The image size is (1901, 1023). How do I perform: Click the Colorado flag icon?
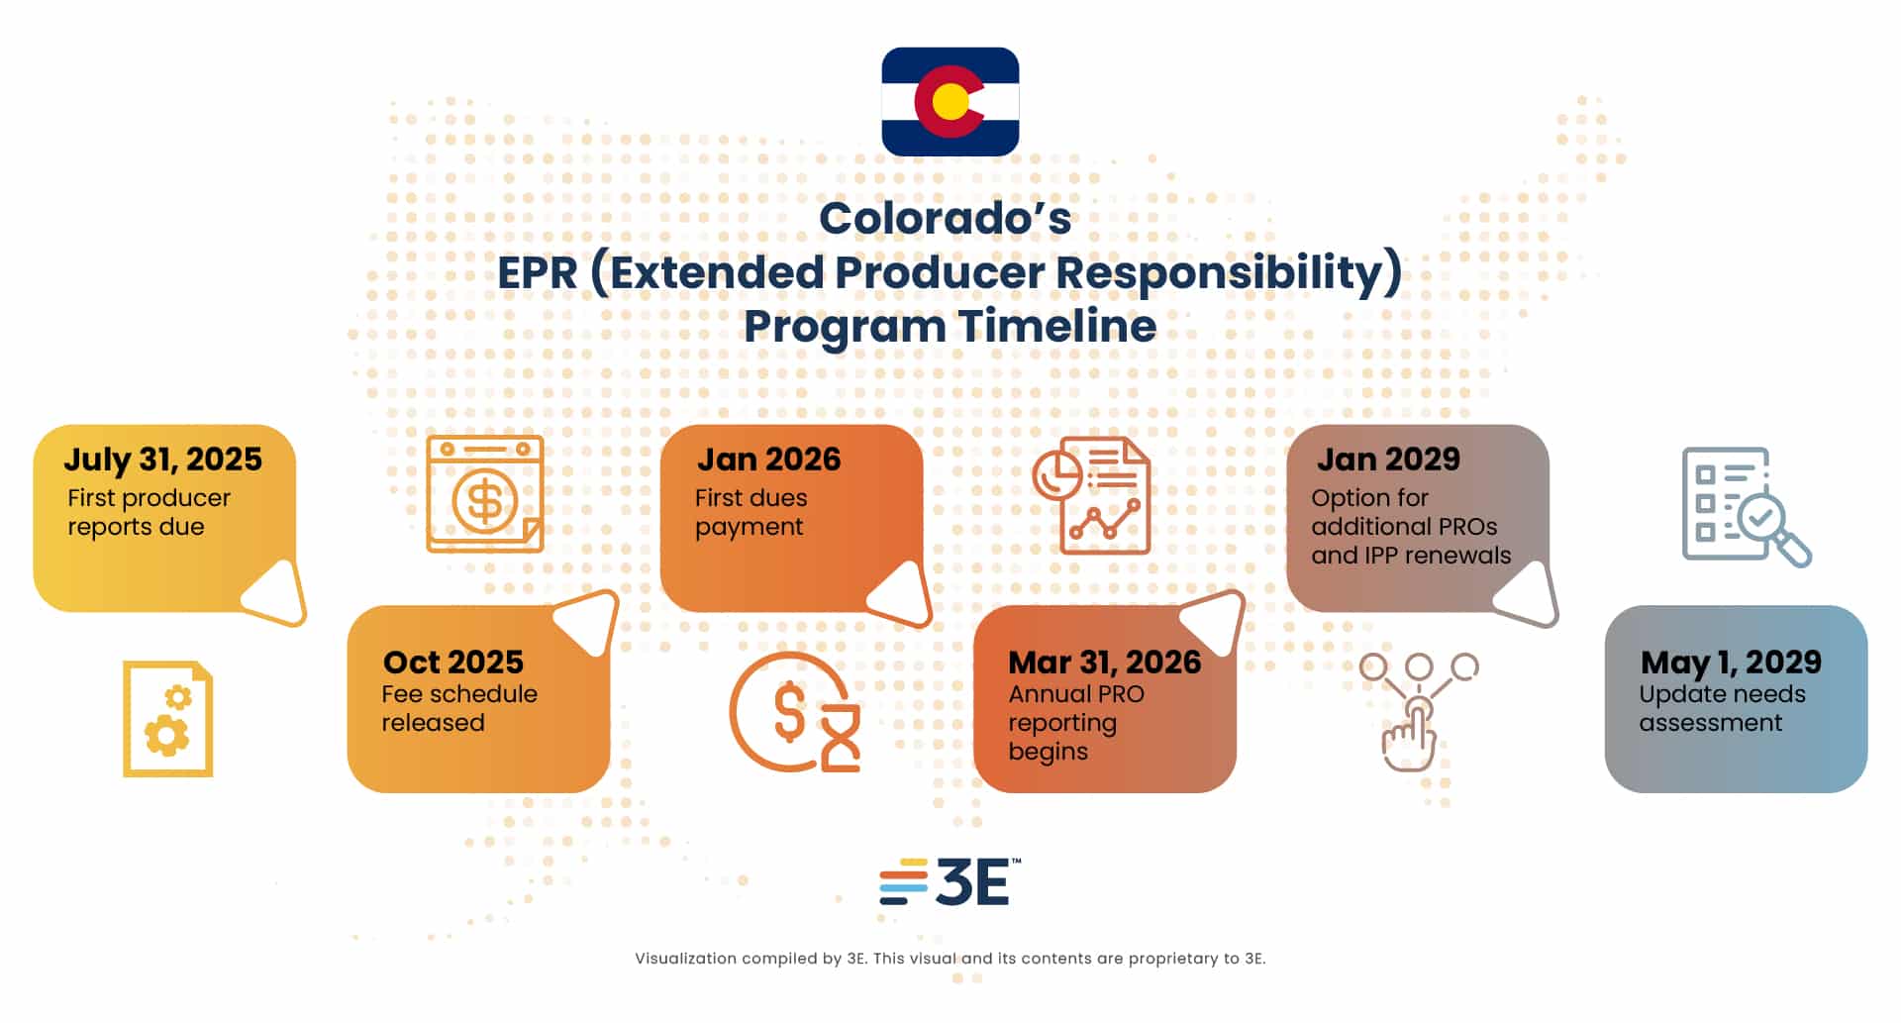point(950,101)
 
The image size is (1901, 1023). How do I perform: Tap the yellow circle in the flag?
point(950,102)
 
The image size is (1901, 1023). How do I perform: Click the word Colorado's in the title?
point(945,219)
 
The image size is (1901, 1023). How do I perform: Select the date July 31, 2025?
point(163,460)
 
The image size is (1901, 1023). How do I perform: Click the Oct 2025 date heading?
point(453,662)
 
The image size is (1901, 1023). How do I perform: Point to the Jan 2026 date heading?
point(768,460)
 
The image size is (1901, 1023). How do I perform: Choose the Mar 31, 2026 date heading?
point(1105,663)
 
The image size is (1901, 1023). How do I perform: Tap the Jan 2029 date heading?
point(1388,460)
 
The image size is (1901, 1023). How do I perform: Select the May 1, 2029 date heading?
point(1731,663)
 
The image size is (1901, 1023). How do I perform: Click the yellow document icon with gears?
point(167,719)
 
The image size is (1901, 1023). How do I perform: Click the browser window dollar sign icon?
point(485,494)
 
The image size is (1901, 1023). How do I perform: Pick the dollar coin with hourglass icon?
point(795,712)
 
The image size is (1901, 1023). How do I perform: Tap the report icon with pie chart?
point(1091,495)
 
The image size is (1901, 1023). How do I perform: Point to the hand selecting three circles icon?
point(1418,711)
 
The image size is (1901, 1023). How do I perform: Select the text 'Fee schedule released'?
point(459,708)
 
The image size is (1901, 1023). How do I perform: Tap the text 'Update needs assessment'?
point(1722,708)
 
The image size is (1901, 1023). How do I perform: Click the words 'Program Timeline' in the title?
point(950,327)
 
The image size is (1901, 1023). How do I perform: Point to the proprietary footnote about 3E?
point(950,959)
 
